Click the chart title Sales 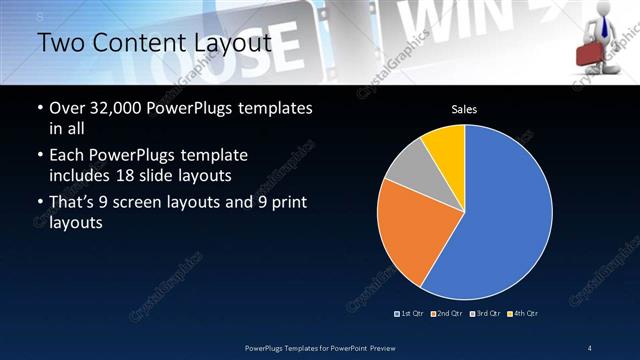click(464, 108)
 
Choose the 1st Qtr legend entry click(410, 313)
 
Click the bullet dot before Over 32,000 click(39, 109)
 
